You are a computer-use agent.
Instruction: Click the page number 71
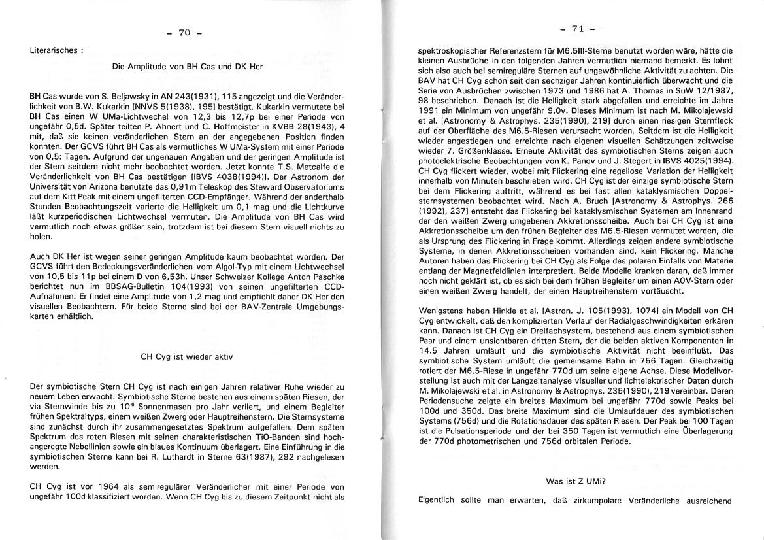click(x=577, y=29)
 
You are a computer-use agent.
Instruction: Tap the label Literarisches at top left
click(x=56, y=50)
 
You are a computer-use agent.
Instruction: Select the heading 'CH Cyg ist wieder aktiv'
click(x=187, y=357)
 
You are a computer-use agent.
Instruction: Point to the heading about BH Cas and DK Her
click(x=188, y=67)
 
